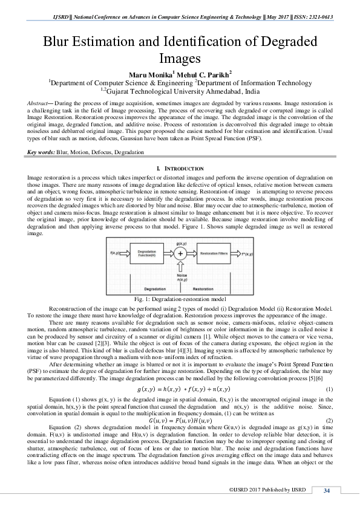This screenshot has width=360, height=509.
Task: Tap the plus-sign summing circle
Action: click(180, 253)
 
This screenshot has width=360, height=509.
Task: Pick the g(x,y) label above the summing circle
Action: click(180, 241)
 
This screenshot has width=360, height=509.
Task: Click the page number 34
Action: click(327, 490)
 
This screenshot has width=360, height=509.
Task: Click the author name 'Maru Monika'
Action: click(143, 74)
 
